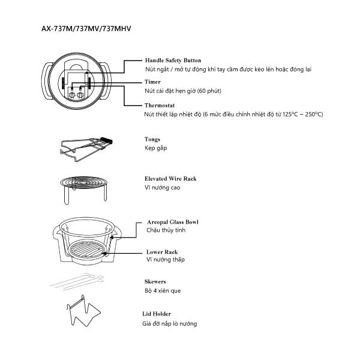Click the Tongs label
click(x=152, y=139)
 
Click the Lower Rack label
click(x=162, y=252)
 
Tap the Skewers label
click(x=155, y=281)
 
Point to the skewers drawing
click(x=77, y=281)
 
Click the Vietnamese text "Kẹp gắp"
click(x=155, y=148)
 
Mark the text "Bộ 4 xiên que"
click(x=163, y=291)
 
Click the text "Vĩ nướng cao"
click(x=163, y=188)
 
